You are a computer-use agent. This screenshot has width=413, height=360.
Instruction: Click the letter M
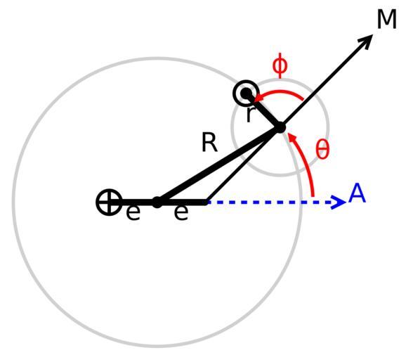pyautogui.click(x=386, y=19)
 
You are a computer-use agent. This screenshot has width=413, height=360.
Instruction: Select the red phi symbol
pyautogui.click(x=280, y=65)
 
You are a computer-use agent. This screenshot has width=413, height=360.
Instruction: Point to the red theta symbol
pyautogui.click(x=322, y=149)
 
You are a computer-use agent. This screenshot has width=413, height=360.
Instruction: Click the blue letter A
pyautogui.click(x=357, y=193)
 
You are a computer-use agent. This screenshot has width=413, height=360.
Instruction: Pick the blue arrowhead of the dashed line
pyautogui.click(x=339, y=202)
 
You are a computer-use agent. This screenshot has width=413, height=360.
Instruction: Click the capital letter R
pyautogui.click(x=209, y=143)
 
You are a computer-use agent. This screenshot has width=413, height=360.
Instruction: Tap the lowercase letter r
pyautogui.click(x=249, y=115)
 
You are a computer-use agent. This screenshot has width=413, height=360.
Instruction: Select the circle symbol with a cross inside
pyautogui.click(x=109, y=202)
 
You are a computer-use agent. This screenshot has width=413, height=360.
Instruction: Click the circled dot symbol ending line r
pyautogui.click(x=247, y=93)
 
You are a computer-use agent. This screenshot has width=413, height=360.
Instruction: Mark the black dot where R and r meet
pyautogui.click(x=280, y=128)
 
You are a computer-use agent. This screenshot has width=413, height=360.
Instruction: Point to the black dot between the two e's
pyautogui.click(x=157, y=202)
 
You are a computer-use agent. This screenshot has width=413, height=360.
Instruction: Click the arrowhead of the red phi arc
pyautogui.click(x=258, y=98)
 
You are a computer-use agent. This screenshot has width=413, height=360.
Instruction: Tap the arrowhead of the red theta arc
pyautogui.click(x=292, y=139)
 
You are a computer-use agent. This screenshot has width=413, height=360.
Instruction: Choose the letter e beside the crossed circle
pyautogui.click(x=133, y=213)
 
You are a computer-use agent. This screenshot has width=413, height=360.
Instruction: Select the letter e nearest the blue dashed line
pyautogui.click(x=181, y=213)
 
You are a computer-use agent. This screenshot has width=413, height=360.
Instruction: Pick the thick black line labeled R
pyautogui.click(x=218, y=165)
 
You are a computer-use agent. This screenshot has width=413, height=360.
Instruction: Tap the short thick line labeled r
pyautogui.click(x=263, y=110)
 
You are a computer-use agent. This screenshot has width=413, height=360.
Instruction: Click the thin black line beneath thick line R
pyautogui.click(x=243, y=165)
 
